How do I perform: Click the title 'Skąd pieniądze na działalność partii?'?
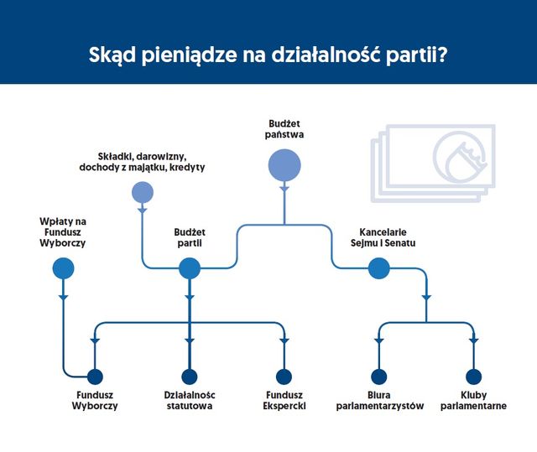[x=268, y=58]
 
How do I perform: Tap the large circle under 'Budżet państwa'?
[x=284, y=164]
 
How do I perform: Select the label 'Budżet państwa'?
[x=284, y=127]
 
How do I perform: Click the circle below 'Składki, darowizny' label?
[x=143, y=192]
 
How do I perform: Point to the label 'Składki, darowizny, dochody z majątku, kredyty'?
[x=148, y=161]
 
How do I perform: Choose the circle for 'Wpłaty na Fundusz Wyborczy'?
[x=63, y=268]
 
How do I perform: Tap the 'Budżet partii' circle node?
[x=190, y=268]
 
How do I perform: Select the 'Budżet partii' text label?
[x=189, y=237]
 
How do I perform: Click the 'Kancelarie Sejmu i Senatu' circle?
[x=378, y=268]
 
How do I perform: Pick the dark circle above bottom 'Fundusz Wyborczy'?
[x=94, y=377]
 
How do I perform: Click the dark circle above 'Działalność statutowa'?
[x=190, y=377]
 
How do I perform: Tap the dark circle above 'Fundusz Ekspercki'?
[x=284, y=377]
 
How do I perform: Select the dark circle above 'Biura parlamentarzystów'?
[x=378, y=377]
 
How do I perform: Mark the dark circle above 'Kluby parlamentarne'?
[x=472, y=377]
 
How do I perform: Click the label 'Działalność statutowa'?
[x=189, y=400]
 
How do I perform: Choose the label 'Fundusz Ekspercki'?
[x=284, y=400]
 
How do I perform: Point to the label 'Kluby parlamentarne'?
[x=472, y=400]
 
